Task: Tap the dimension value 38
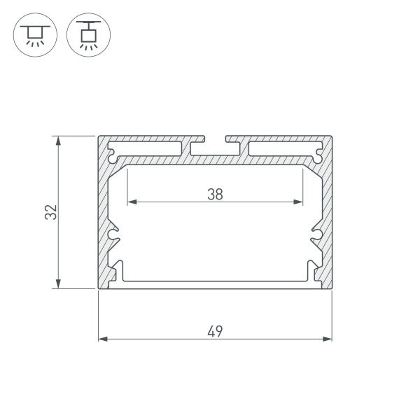[x=215, y=195]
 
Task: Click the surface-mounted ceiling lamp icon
[x=31, y=33]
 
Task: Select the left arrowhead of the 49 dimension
[x=102, y=339]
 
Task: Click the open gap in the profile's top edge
[x=215, y=137]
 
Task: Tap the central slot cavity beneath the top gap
[x=215, y=148]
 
